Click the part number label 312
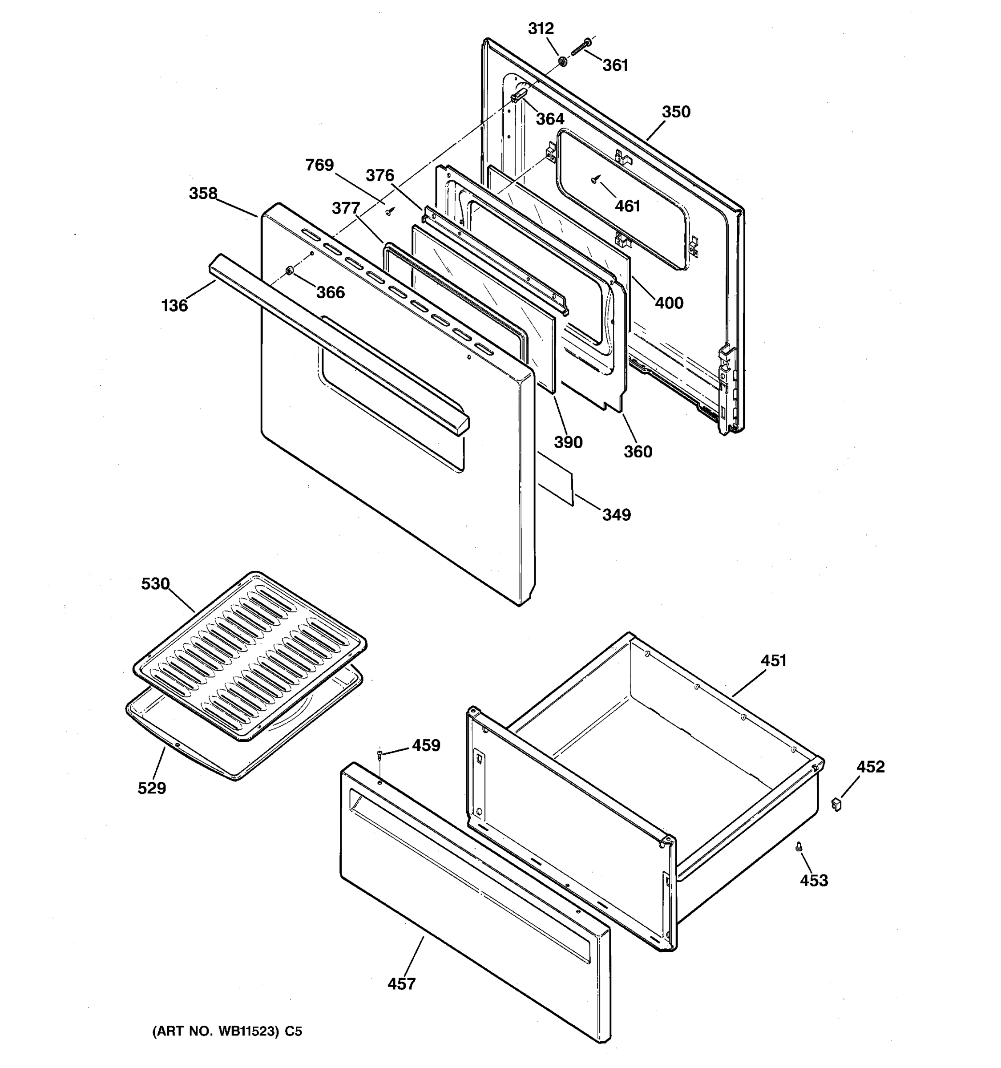click(540, 28)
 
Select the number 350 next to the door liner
click(676, 112)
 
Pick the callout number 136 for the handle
click(174, 306)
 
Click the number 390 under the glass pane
click(568, 442)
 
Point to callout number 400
click(669, 303)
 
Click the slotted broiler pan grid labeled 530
click(250, 656)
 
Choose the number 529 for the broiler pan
click(152, 789)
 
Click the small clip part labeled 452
click(836, 804)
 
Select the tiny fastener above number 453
click(799, 845)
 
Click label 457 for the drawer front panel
click(402, 984)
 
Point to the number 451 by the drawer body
click(773, 660)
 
